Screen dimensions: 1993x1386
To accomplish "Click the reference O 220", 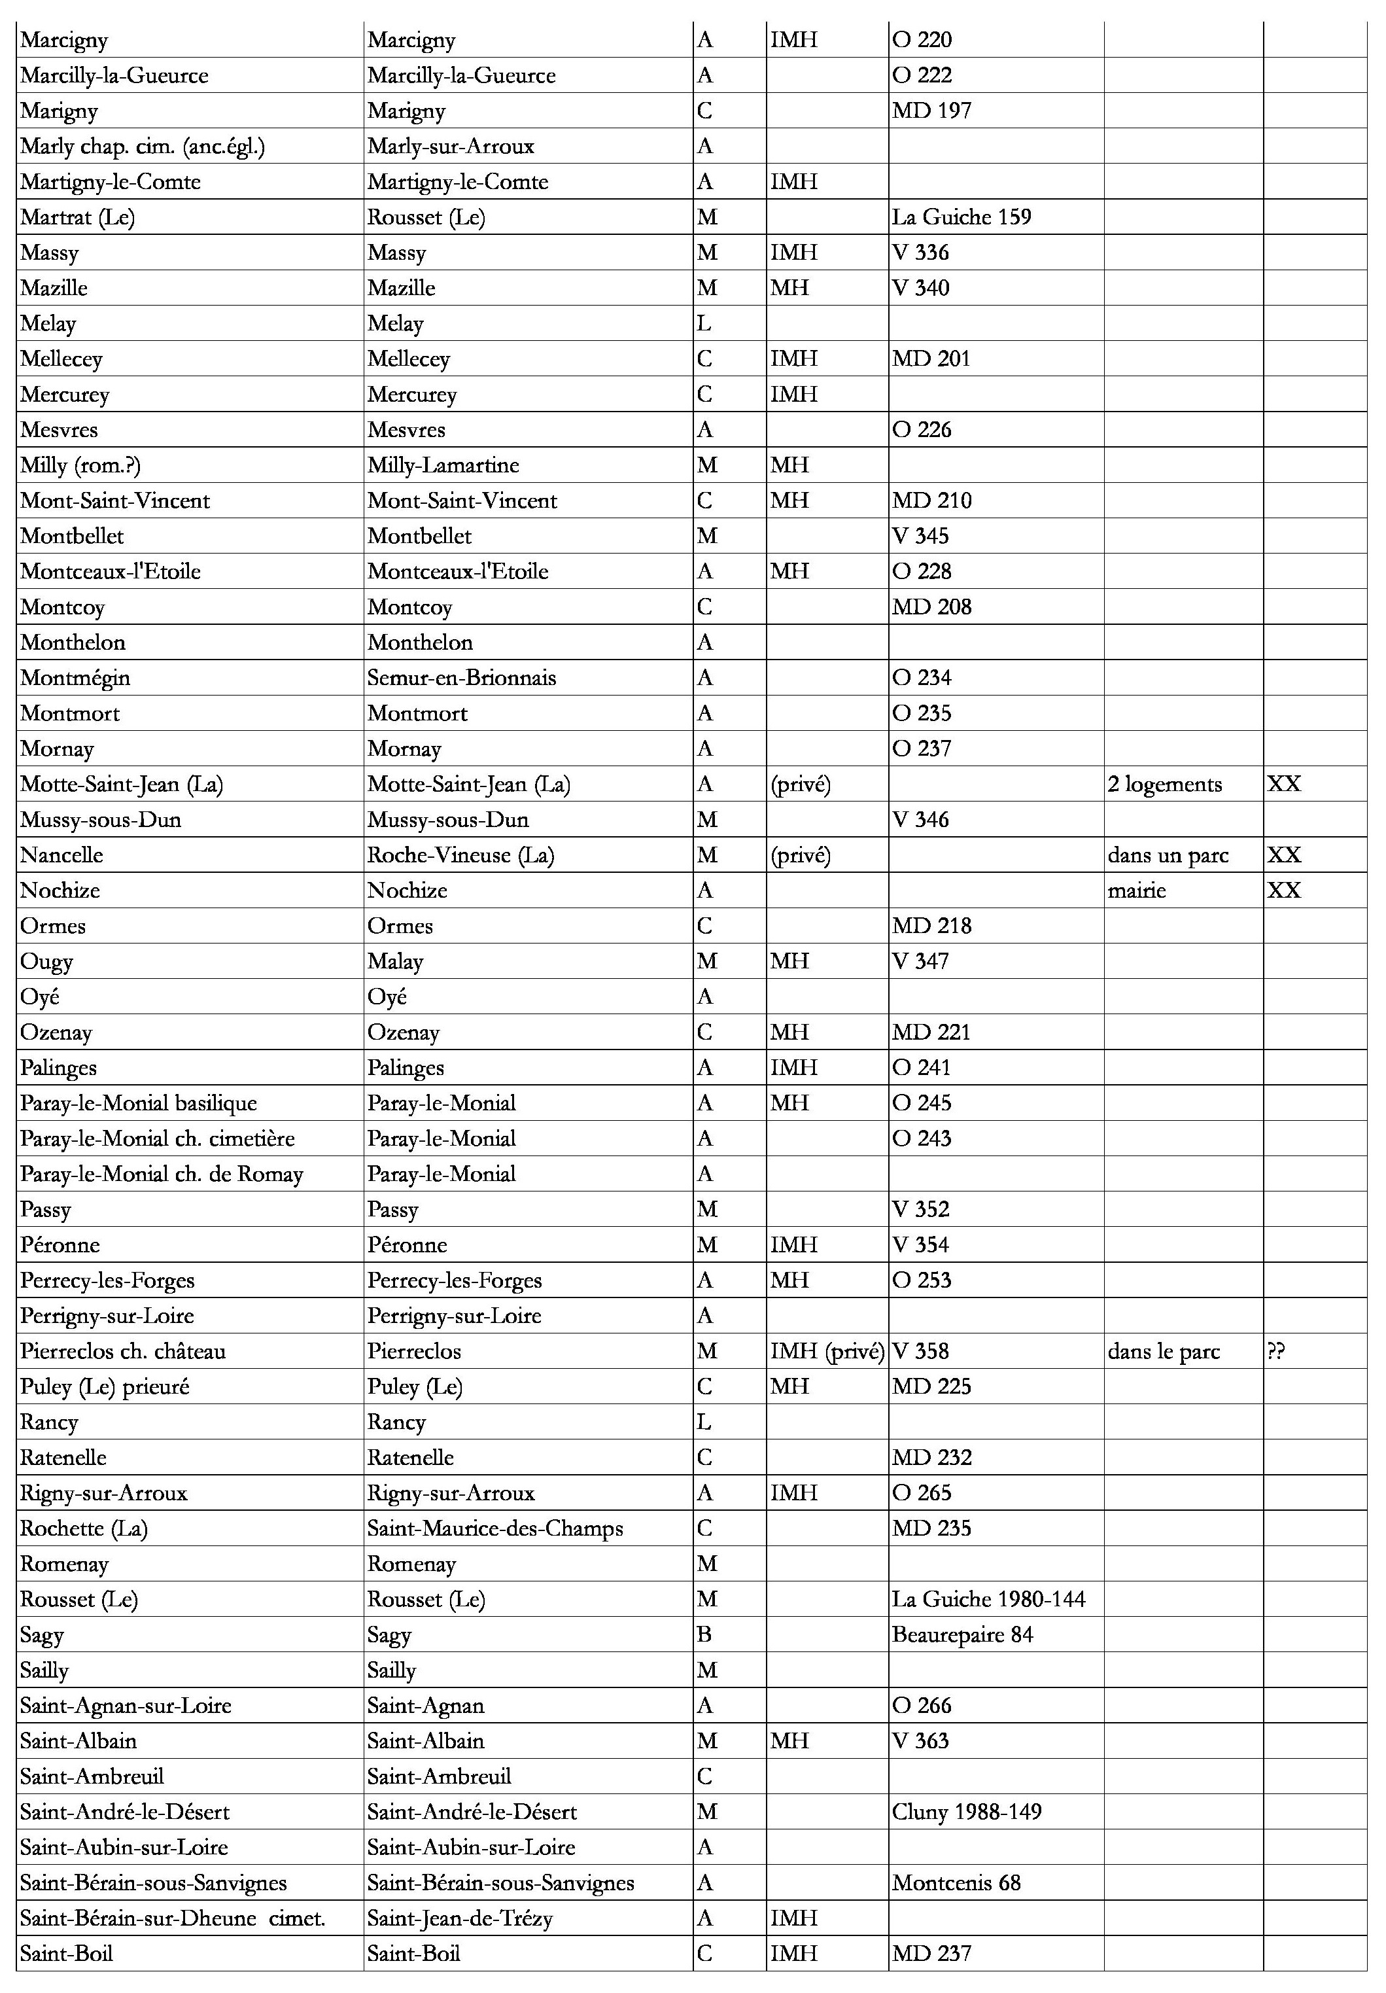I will click(x=922, y=40).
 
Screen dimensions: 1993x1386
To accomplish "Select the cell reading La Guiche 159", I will click(x=962, y=217).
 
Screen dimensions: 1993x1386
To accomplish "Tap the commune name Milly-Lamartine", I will click(x=443, y=465).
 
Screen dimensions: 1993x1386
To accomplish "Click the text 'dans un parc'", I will click(x=1168, y=856).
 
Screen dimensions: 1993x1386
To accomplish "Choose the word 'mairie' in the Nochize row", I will click(x=1137, y=891).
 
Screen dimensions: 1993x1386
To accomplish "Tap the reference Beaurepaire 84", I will click(x=962, y=1635).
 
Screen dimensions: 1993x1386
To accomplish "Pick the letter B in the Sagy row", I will click(x=704, y=1635).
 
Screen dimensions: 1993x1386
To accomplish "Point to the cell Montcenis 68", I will click(x=956, y=1884).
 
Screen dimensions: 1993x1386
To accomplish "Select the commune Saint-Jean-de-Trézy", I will click(x=460, y=1918).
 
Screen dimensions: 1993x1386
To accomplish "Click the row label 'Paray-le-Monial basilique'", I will click(x=139, y=1103).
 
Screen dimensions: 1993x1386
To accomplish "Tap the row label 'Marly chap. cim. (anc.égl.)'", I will click(x=143, y=146).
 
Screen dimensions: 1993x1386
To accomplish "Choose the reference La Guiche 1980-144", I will click(x=988, y=1600).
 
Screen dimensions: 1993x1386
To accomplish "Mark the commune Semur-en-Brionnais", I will click(x=462, y=678).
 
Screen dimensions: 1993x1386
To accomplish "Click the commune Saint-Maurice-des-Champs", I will click(x=494, y=1528).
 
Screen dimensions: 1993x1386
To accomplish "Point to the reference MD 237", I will click(x=931, y=1954).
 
